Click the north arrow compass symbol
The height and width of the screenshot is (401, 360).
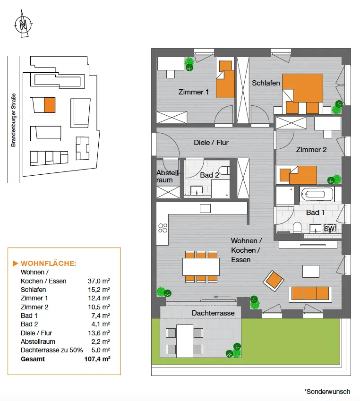[23, 25]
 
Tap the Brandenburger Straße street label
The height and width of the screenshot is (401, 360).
[14, 119]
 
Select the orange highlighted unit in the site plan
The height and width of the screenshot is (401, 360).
[49, 104]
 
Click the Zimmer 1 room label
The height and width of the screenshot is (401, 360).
[193, 92]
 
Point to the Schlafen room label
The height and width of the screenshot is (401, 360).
[266, 83]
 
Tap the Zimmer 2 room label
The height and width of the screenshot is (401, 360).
[311, 150]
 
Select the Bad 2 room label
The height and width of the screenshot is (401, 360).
[209, 175]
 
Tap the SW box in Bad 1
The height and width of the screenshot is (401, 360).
[330, 229]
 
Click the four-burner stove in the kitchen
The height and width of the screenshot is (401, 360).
[163, 228]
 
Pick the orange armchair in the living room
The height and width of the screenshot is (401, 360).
[274, 282]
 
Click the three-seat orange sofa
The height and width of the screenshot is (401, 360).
[310, 293]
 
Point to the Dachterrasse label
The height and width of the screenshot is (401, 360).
[213, 313]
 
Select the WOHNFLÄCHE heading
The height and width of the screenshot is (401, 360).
[48, 263]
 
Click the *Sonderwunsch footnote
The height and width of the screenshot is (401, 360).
[327, 392]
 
